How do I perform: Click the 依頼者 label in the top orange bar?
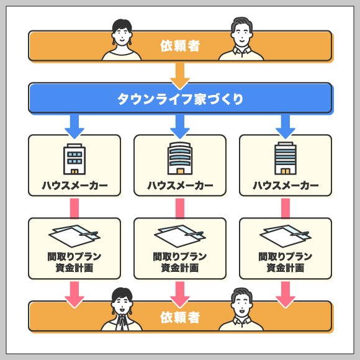[180, 46]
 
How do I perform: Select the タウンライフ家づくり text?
[180, 99]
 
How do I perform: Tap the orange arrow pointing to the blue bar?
[180, 76]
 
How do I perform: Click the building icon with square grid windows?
[74, 159]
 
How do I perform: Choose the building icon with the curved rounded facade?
[180, 158]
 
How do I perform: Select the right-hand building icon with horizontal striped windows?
[286, 158]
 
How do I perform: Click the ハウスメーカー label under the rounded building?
[180, 186]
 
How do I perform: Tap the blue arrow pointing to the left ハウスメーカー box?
[74, 127]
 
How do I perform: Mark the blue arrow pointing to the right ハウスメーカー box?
[286, 127]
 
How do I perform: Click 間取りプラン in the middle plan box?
[180, 256]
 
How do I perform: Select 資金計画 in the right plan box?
[286, 268]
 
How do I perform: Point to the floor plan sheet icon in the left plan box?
[74, 236]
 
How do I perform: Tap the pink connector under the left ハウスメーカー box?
[74, 208]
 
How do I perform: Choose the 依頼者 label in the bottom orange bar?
[180, 318]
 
